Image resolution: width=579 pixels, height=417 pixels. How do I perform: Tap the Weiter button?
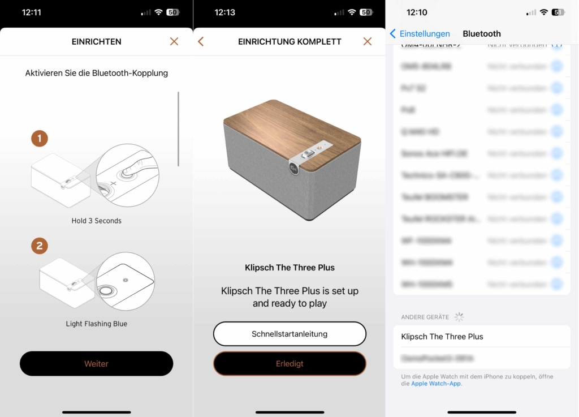[x=96, y=364]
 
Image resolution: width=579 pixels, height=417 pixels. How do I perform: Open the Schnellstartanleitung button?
[x=289, y=334]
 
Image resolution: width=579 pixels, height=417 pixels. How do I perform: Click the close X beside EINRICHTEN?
[x=174, y=41]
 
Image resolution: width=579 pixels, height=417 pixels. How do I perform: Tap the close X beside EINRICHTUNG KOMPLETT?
[x=368, y=41]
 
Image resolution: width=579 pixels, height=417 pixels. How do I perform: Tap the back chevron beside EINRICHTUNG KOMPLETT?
[x=201, y=41]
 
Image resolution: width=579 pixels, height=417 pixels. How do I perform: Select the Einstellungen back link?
[x=420, y=34]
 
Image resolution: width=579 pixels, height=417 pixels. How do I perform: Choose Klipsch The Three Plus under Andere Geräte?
[x=442, y=337]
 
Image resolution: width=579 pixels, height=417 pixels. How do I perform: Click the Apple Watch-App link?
[x=436, y=384]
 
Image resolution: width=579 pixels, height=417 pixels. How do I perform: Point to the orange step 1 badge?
[x=40, y=139]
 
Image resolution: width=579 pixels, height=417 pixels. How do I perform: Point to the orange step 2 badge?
[x=40, y=246]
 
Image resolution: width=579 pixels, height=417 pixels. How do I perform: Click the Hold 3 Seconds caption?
[x=96, y=221]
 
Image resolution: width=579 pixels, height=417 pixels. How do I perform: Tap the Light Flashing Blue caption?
[x=96, y=324]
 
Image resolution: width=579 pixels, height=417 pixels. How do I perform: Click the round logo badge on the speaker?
[x=293, y=168]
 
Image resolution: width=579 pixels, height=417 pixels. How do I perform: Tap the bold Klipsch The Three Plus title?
[x=289, y=268]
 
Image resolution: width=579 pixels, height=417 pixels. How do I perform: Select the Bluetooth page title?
[x=482, y=34]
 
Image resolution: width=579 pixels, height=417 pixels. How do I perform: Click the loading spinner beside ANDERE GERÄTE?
[x=459, y=317]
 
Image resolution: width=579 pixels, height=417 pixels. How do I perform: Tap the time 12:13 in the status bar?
[x=224, y=12]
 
